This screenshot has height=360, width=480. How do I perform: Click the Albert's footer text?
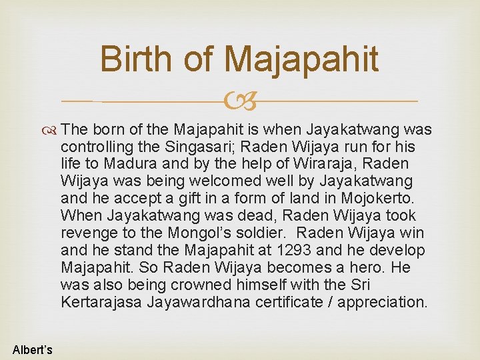coord(32,350)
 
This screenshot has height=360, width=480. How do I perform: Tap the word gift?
coord(195,198)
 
